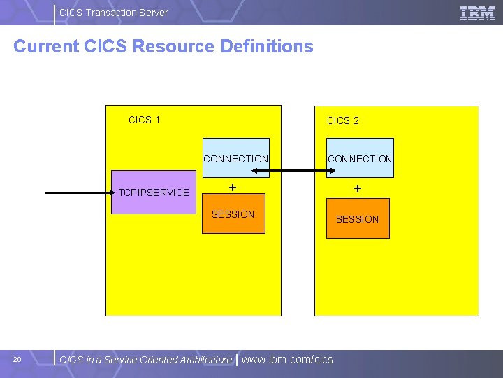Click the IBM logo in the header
(478, 13)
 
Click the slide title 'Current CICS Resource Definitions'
(163, 47)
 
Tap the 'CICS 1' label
(145, 120)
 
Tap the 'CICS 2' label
(343, 120)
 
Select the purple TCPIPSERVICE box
(154, 192)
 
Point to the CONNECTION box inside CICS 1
(235, 158)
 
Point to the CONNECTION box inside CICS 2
(360, 158)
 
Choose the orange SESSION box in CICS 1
(233, 214)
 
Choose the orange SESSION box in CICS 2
(357, 219)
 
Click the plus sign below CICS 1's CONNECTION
(233, 188)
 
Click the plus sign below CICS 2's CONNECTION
(357, 188)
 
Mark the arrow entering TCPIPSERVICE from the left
(77, 192)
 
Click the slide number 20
(17, 360)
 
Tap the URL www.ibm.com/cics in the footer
(287, 360)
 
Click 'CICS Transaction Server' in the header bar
(114, 13)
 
